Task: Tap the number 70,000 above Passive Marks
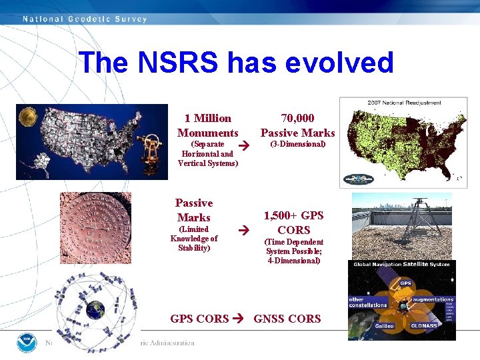coord(297,118)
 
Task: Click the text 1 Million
coord(208,118)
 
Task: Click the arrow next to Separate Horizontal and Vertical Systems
coord(244,145)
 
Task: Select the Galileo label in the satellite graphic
coord(365,326)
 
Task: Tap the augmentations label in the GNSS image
coord(437,300)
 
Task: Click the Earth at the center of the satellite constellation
coord(95,309)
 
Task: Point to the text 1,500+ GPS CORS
coord(294,223)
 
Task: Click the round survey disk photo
coord(95,227)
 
